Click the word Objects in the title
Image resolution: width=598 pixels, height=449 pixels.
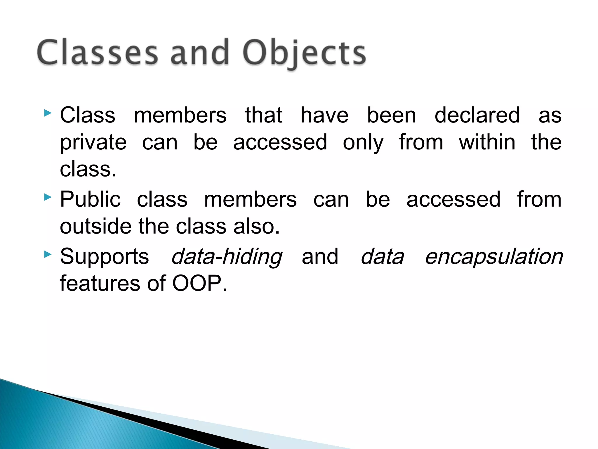coord(304,53)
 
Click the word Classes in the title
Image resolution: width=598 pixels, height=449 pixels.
coord(98,53)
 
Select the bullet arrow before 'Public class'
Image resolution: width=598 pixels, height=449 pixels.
coord(48,198)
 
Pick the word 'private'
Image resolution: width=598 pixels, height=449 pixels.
coord(93,143)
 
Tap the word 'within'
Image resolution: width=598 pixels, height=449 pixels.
coord(487,142)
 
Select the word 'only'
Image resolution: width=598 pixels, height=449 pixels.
coord(363,143)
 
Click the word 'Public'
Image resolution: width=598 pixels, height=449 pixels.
coord(90,199)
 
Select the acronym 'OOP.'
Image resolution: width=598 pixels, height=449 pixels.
coord(199,283)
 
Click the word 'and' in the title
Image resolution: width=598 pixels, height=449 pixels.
coord(200,53)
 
